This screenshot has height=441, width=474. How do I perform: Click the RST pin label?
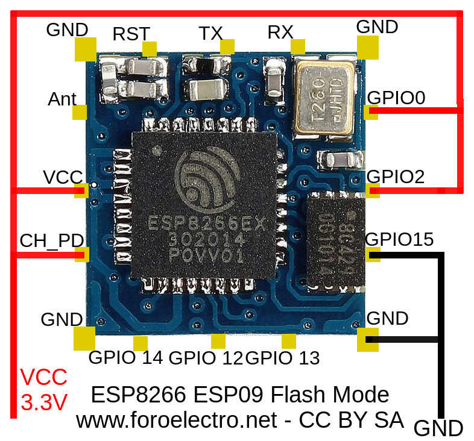131,34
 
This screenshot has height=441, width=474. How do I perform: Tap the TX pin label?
210,33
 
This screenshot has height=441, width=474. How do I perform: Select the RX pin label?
280,33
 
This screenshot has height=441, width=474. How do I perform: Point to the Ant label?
62,99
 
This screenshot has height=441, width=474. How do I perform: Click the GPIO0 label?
396,98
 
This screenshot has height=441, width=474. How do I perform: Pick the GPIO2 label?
396,177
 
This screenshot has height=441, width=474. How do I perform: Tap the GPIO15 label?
399,239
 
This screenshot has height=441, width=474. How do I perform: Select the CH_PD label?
51,240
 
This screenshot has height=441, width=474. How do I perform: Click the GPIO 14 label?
125,358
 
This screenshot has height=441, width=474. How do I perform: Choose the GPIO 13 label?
282,358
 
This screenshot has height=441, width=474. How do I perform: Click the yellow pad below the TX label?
227,47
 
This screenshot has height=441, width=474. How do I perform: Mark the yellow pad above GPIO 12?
218,341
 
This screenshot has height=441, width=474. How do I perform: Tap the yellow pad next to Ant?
80,112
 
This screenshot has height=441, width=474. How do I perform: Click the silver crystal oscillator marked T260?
324,96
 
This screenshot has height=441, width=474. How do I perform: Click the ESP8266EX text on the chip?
207,224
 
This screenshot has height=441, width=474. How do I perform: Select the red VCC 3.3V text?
44,390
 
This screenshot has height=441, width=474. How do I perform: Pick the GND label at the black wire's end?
438,428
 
